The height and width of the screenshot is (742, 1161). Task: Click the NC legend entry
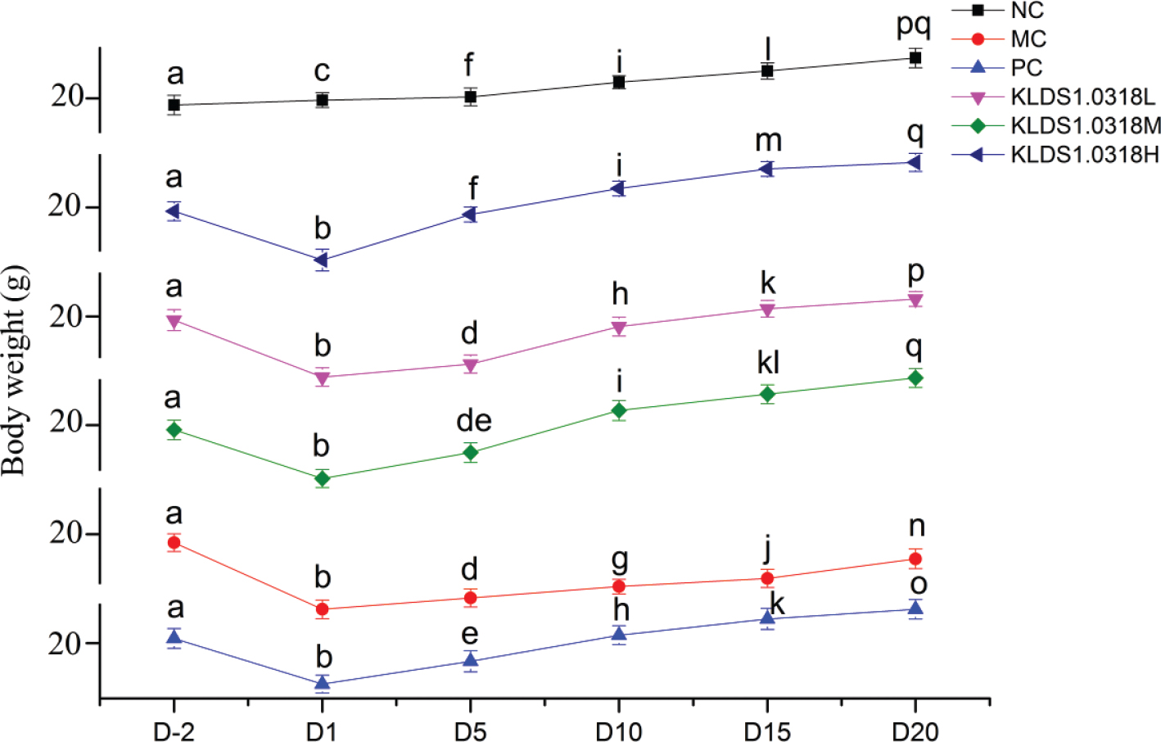[1027, 11]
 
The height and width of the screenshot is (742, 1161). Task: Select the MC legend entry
[1028, 39]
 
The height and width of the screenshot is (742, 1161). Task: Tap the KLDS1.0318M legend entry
[1085, 125]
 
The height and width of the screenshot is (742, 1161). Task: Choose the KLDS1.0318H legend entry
[1084, 154]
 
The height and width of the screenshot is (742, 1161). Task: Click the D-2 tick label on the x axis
[174, 731]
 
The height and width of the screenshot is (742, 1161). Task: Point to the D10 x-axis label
[619, 731]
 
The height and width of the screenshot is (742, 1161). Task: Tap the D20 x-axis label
[915, 731]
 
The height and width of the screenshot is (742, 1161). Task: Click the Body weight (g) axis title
[15, 370]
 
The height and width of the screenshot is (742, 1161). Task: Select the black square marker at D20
[915, 57]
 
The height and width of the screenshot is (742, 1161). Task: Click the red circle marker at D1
[323, 609]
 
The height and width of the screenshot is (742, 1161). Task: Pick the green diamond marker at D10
[619, 410]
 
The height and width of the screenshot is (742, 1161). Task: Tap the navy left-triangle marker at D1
[322, 260]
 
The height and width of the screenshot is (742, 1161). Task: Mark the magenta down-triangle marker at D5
[470, 365]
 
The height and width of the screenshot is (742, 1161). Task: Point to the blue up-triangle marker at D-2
[174, 636]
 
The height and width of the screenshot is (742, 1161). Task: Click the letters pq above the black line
[914, 25]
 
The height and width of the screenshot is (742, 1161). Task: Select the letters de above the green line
[473, 420]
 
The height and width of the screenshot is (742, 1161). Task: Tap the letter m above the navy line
[768, 140]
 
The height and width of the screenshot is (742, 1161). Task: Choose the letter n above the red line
[917, 527]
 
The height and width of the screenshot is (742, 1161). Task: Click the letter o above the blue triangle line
[919, 585]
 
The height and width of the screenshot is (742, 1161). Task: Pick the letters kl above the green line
[768, 362]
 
